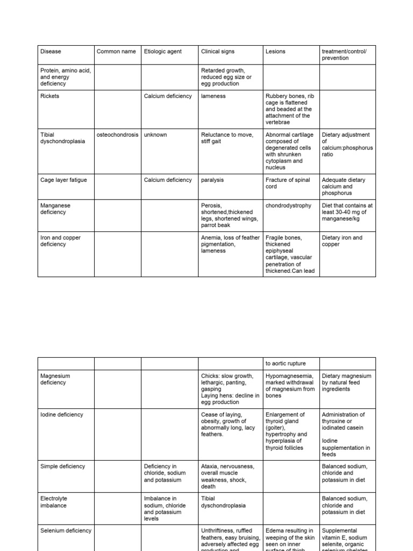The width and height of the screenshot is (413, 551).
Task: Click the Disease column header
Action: tap(51, 52)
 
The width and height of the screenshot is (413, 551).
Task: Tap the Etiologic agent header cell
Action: tap(163, 52)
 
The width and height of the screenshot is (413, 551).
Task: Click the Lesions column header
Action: tap(275, 52)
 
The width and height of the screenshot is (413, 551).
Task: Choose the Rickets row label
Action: tap(50, 96)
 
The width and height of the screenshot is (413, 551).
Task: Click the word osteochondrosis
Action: tap(117, 135)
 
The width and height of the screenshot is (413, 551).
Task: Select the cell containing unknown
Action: tap(155, 135)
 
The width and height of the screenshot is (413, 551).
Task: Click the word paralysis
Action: tap(212, 180)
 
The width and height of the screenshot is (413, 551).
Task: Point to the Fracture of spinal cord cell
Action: tap(288, 183)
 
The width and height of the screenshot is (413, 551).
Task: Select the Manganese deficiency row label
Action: tap(55, 209)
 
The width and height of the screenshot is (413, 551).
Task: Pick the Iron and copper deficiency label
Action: tap(60, 241)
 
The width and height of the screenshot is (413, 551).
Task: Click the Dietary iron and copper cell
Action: tap(342, 241)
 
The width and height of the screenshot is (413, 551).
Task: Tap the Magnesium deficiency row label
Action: tap(55, 379)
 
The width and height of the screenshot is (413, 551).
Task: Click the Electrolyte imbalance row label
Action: tap(54, 502)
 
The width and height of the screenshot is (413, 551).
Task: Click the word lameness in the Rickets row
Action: tap(213, 96)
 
